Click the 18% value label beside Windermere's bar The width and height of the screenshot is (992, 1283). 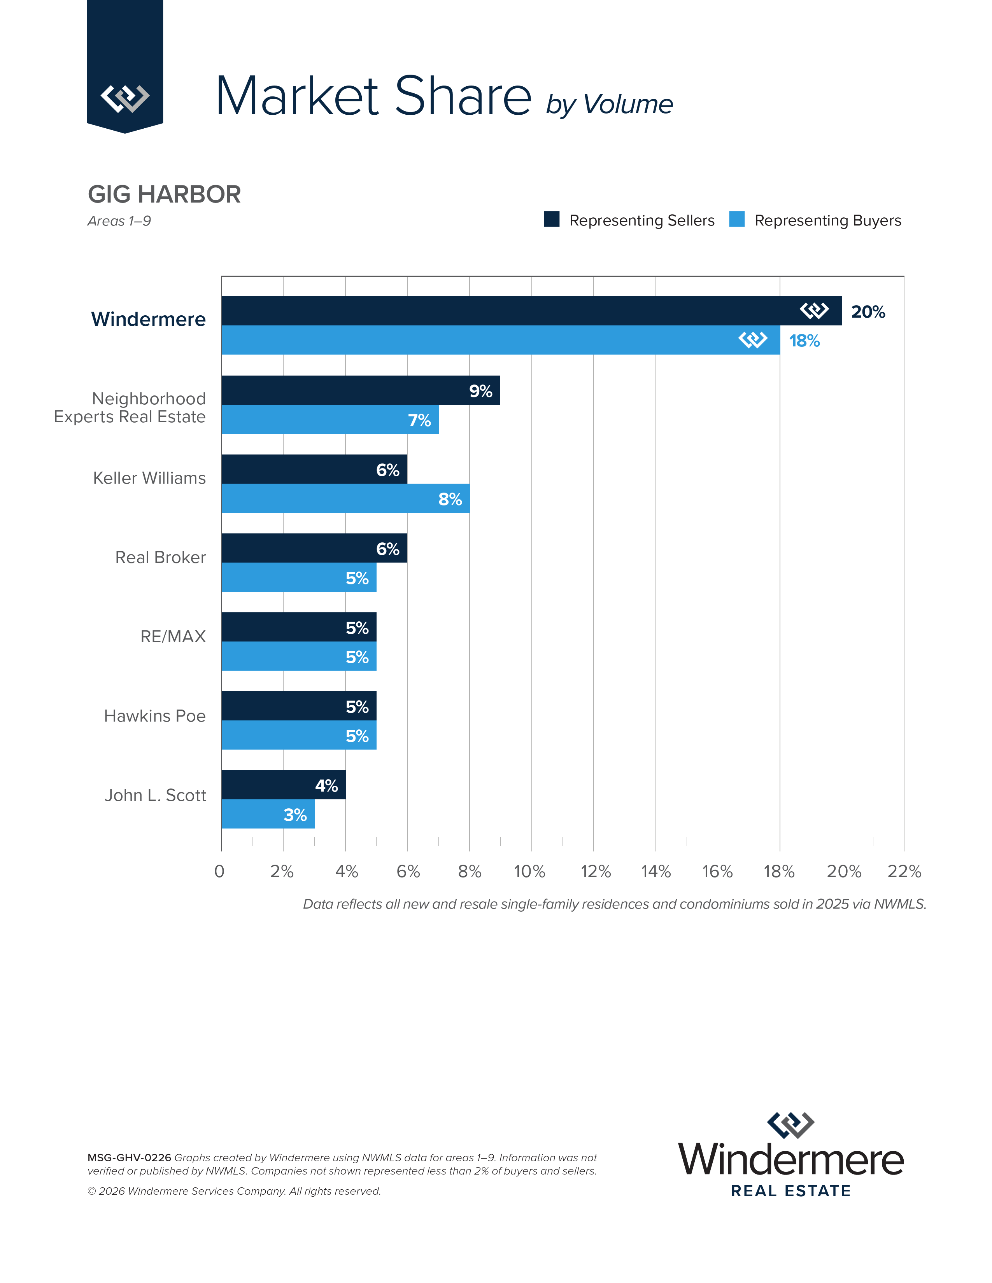click(x=804, y=341)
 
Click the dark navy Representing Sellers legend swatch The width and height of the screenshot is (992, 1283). click(x=551, y=219)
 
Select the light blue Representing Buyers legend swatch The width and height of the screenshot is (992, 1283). click(x=736, y=219)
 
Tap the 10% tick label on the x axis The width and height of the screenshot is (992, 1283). click(x=529, y=871)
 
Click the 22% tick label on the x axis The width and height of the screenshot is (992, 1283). click(x=904, y=871)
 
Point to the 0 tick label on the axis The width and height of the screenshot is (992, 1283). click(x=219, y=871)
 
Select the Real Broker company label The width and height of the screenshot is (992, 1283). click(x=160, y=557)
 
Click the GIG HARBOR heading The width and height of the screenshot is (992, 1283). click(x=164, y=194)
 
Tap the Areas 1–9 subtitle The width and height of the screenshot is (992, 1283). click(x=119, y=221)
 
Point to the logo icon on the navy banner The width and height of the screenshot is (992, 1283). click(x=124, y=98)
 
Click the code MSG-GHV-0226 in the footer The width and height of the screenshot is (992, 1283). click(x=129, y=1157)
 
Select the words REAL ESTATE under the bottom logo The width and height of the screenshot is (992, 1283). click(x=790, y=1191)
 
